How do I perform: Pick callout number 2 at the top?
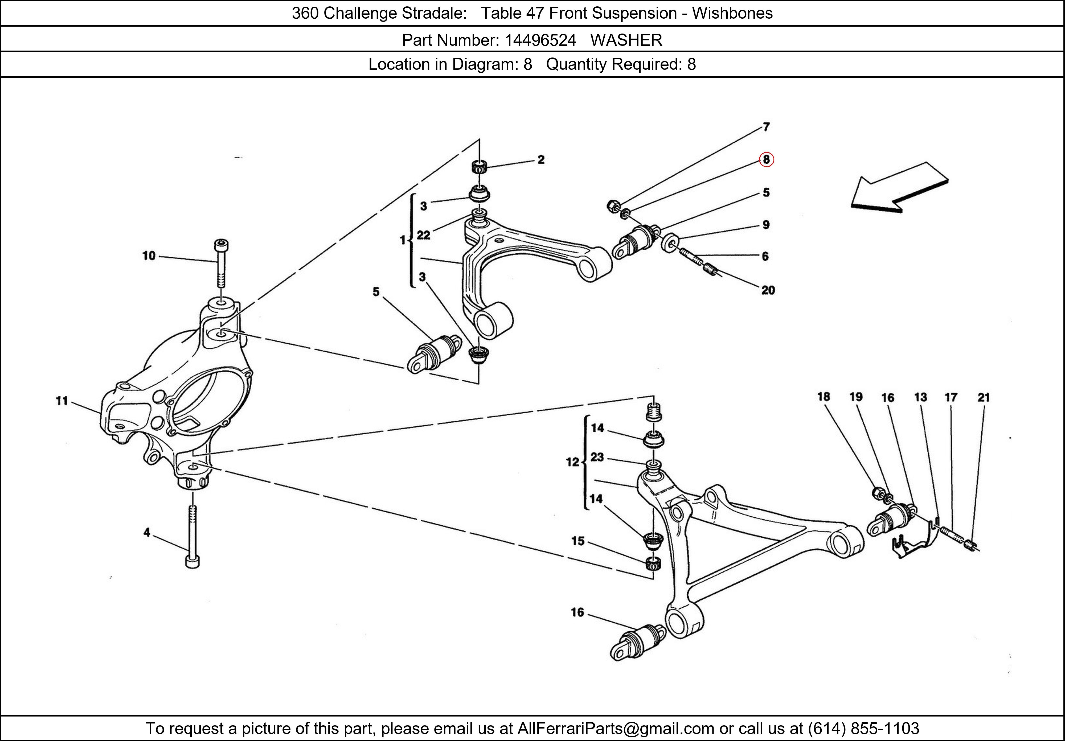(x=541, y=160)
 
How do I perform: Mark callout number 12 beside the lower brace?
(x=572, y=462)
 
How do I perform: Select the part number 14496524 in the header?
(x=540, y=40)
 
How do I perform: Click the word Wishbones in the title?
(x=732, y=13)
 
